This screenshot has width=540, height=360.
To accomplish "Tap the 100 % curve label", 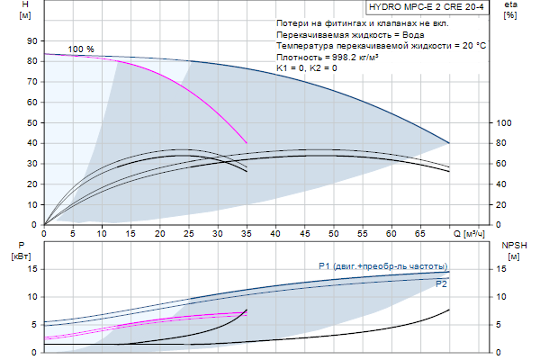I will point(81,49).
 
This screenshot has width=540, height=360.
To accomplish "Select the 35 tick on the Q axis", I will point(247,232).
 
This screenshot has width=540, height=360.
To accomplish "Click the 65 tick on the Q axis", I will point(420,232).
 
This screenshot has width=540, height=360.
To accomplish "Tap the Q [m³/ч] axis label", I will point(474,232).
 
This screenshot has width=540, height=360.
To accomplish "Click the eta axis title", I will point(511,10).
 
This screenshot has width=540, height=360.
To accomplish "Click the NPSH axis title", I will point(513,249).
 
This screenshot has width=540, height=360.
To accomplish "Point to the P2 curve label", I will point(441,284).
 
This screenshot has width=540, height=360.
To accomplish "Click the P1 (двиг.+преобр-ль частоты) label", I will point(382,266).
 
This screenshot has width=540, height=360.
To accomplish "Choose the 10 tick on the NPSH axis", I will point(504,296).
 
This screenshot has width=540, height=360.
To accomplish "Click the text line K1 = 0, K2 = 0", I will point(307,67).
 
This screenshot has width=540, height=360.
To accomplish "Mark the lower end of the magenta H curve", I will point(247,142).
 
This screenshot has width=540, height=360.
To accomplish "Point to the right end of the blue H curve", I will point(449,143).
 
